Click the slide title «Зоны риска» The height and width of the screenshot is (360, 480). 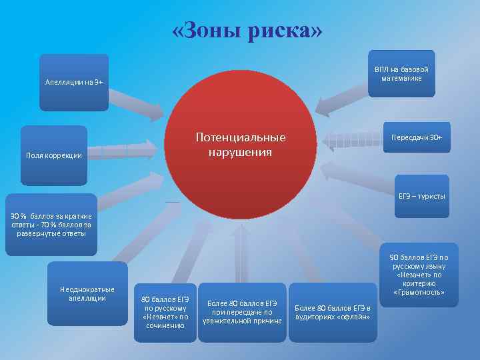point(247,30)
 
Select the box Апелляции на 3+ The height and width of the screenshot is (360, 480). point(74,82)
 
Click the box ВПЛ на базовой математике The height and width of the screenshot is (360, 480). point(401,74)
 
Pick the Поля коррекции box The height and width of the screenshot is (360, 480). point(54,155)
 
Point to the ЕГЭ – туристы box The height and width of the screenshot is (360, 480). point(422,196)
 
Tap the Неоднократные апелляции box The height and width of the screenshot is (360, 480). point(87,293)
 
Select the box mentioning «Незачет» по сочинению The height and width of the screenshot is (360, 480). point(165,312)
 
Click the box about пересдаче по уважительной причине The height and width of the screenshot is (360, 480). point(243,312)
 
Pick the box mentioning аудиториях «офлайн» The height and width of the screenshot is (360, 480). point(333,312)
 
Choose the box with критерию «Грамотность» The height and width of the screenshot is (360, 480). point(419,274)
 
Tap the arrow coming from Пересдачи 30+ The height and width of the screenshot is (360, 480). point(350,139)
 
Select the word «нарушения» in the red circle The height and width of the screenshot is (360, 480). point(240,153)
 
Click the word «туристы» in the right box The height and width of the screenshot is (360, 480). point(433,196)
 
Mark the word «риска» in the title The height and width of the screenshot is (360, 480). point(286,30)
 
